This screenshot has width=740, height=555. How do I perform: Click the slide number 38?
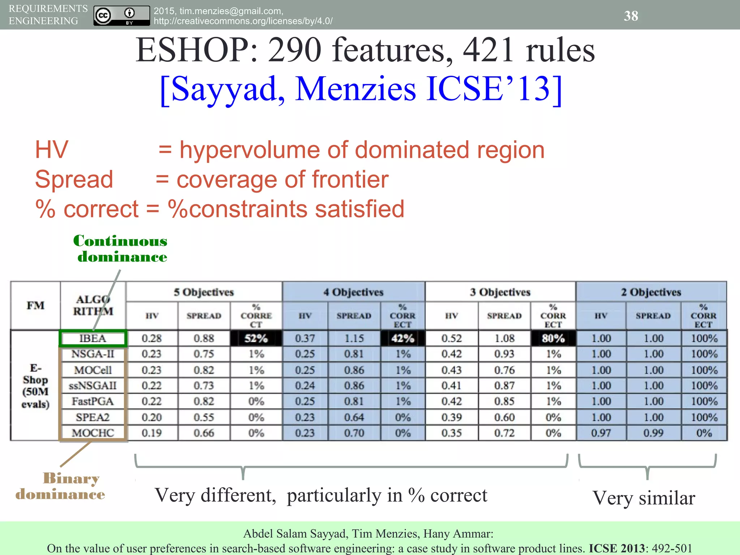[x=631, y=16]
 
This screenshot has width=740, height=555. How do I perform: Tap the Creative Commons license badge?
[x=121, y=16]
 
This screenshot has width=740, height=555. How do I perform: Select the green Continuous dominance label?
[x=120, y=249]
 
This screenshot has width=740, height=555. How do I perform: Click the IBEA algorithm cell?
[x=93, y=339]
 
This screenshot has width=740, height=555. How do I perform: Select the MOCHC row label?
[x=93, y=433]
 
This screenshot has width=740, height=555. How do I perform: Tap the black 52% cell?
[x=256, y=339]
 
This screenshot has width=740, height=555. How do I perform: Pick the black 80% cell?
[x=553, y=339]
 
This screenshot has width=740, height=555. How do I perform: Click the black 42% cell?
[x=403, y=339]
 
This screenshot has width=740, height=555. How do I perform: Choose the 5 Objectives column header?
[x=204, y=292]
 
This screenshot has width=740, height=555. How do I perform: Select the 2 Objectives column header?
[x=651, y=292]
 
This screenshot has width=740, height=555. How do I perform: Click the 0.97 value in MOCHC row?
[x=601, y=433]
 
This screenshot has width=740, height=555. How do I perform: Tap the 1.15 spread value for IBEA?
[x=354, y=339]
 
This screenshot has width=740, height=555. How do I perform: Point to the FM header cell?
[x=35, y=306]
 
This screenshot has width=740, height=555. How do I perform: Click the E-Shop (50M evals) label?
[x=35, y=386]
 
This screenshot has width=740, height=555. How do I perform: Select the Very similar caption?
[x=644, y=498]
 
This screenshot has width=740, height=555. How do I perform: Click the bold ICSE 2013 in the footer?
[x=617, y=548]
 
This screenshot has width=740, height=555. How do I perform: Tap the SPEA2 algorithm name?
[x=93, y=417]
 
